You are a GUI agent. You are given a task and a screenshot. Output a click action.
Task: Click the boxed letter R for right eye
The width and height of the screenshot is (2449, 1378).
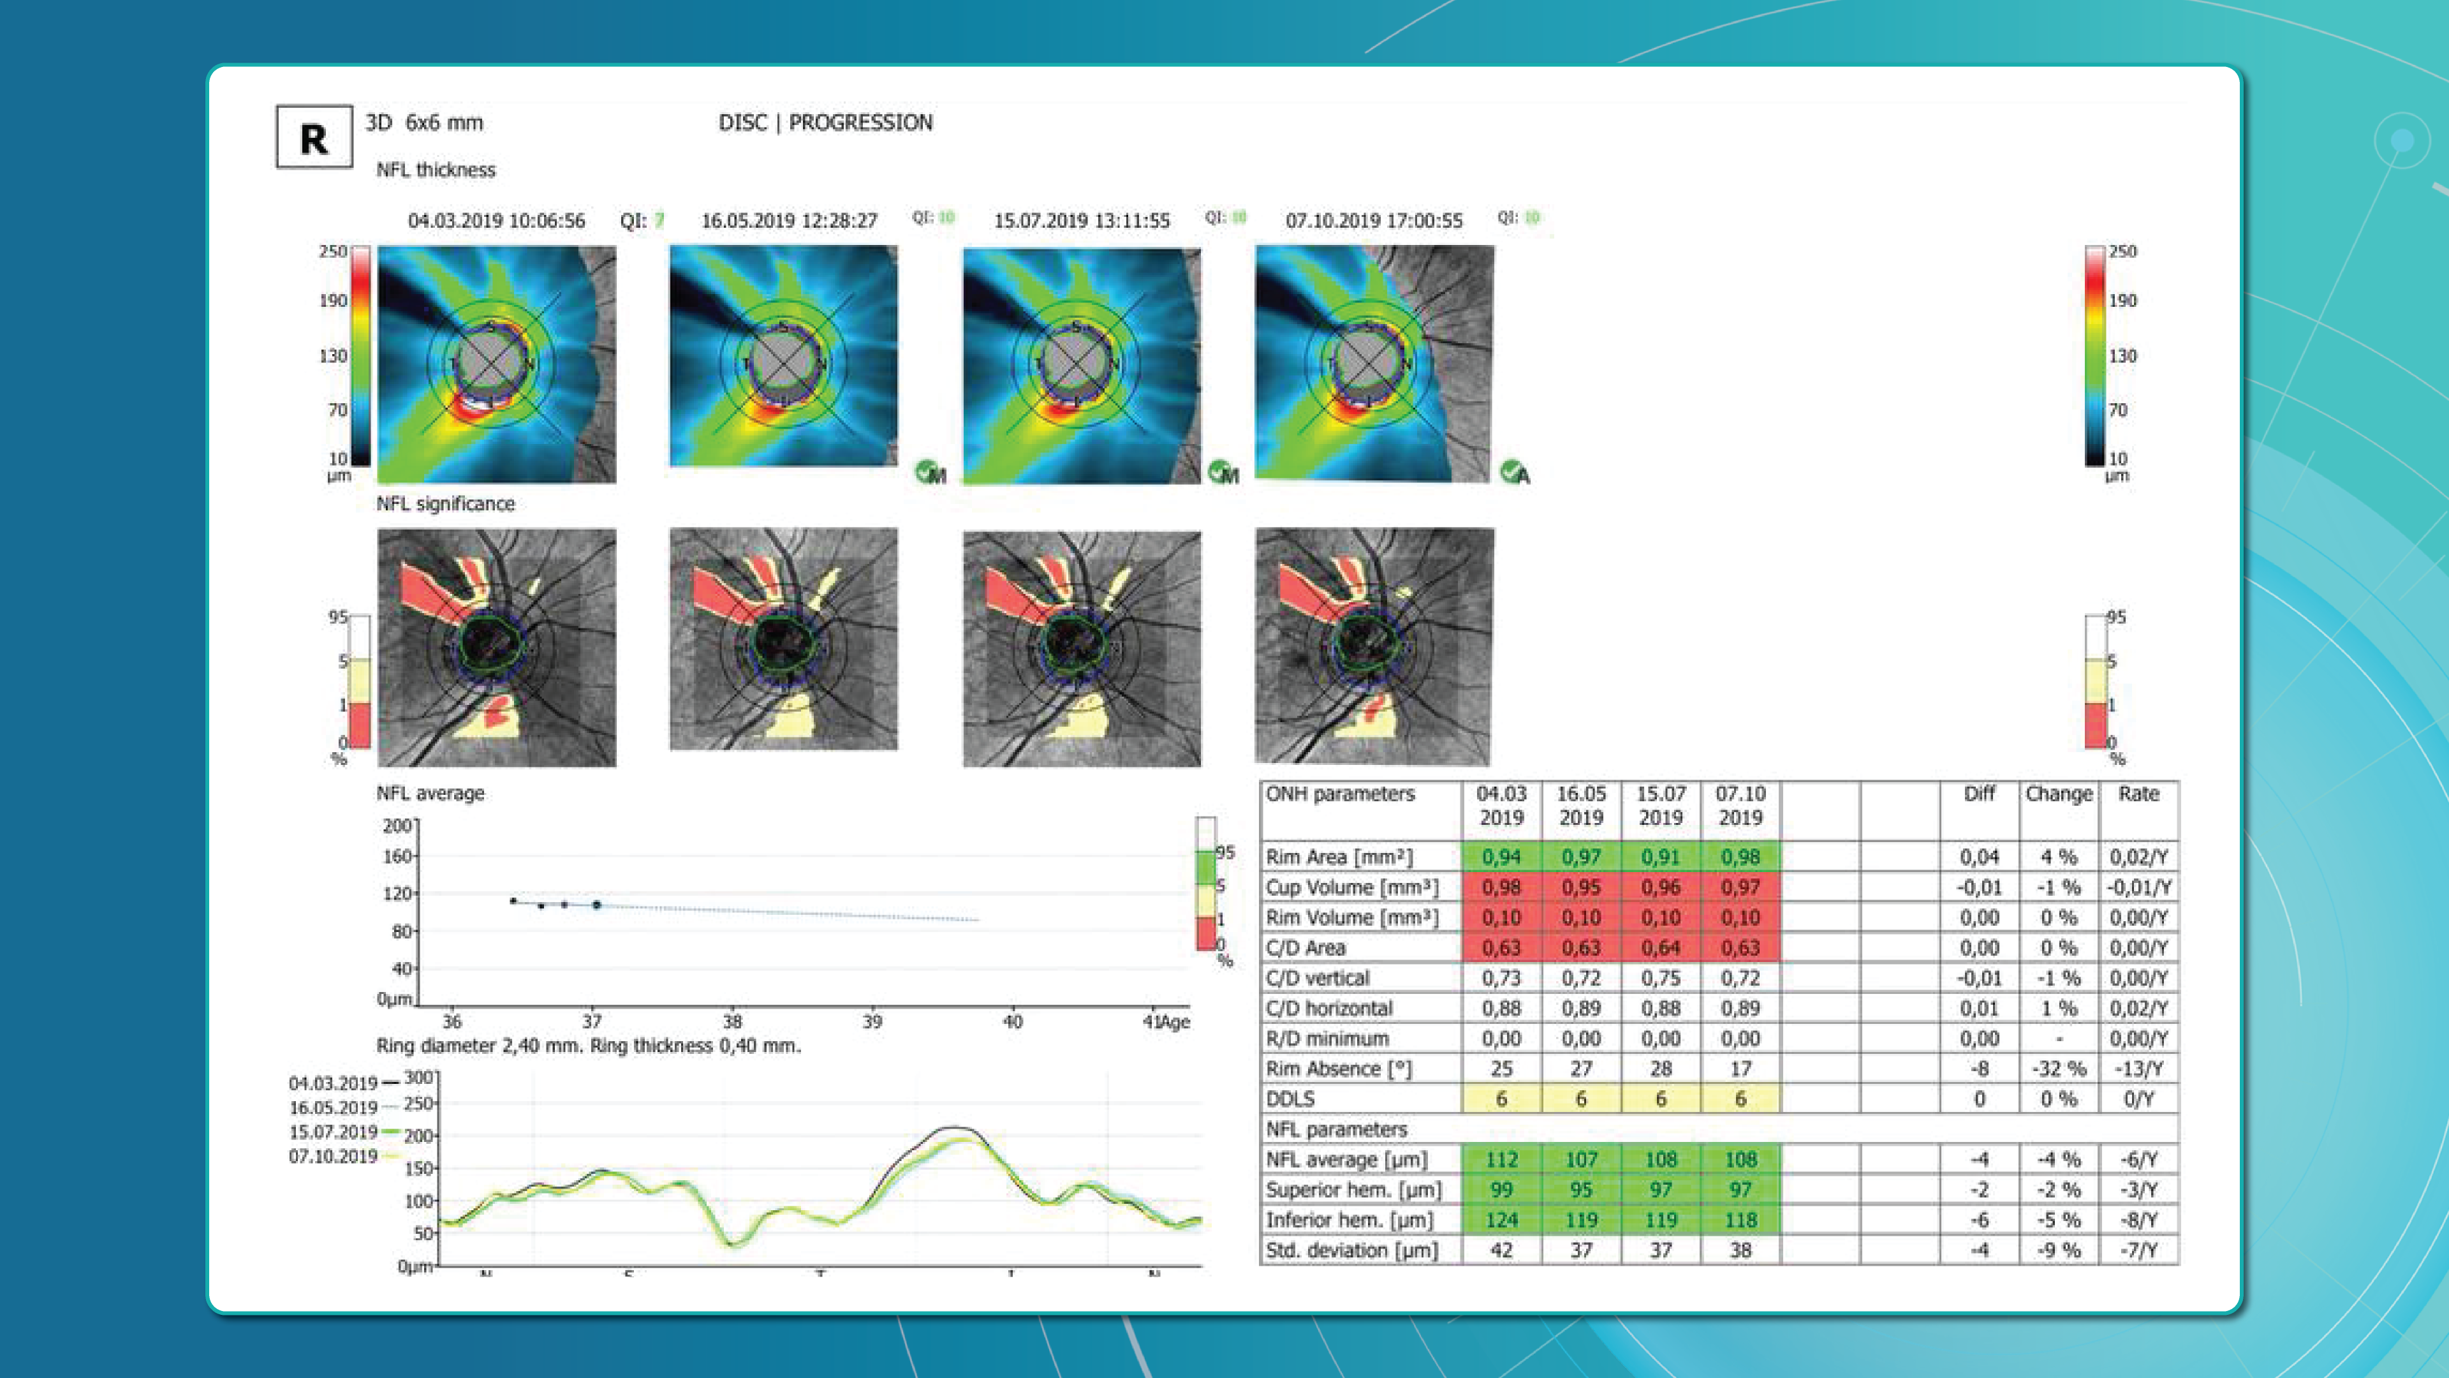314,138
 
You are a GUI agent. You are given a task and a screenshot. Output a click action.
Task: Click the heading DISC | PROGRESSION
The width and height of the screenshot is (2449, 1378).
825,122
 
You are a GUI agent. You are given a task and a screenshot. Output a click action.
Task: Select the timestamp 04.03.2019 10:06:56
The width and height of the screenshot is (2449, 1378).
496,221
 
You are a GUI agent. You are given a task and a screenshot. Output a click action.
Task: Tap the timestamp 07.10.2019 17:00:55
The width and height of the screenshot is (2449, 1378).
1374,221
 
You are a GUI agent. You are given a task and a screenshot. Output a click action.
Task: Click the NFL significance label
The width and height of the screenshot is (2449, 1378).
445,504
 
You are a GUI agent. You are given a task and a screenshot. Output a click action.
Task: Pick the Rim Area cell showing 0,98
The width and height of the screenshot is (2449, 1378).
1740,857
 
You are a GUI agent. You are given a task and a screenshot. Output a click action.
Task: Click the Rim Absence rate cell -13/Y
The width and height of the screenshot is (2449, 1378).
2138,1069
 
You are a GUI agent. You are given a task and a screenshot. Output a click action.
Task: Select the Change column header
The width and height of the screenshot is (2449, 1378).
2058,794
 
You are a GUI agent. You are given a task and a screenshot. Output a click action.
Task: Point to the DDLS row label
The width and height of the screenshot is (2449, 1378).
1290,1099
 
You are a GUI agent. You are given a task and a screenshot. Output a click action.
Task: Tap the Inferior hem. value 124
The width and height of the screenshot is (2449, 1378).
1501,1220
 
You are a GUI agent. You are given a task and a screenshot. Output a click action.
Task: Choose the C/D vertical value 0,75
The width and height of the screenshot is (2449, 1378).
1660,979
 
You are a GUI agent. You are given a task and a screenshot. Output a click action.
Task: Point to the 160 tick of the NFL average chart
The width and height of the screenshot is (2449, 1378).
397,857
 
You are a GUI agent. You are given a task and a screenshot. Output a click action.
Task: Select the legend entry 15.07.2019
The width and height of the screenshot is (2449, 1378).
334,1132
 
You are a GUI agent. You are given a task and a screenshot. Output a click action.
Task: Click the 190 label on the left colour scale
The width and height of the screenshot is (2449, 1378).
333,300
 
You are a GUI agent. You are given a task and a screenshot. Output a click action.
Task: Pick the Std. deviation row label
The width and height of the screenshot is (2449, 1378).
1351,1250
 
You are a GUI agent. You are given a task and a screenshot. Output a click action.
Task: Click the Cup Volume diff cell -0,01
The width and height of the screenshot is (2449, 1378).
1980,887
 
